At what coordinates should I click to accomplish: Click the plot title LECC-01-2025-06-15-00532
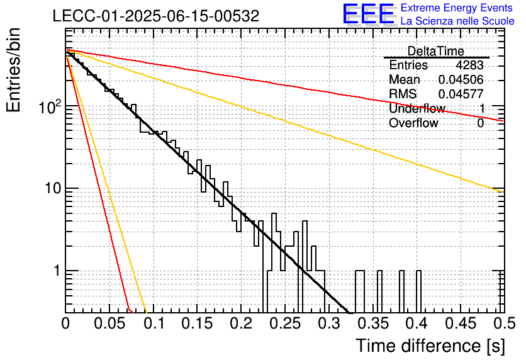[156, 16]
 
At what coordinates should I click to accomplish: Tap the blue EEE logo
[369, 14]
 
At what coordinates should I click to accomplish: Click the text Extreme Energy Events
[457, 8]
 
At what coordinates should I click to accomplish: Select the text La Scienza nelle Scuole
[457, 21]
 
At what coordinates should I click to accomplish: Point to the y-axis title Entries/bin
[13, 70]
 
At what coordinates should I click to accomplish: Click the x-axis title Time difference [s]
[430, 346]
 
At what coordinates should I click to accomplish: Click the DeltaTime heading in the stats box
[435, 51]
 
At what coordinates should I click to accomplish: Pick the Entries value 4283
[469, 65]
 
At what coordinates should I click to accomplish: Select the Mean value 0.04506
[461, 79]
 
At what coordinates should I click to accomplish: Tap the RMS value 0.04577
[461, 94]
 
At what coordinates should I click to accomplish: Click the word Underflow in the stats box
[417, 108]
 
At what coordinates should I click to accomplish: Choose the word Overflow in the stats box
[413, 123]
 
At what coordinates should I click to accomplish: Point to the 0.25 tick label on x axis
[286, 323]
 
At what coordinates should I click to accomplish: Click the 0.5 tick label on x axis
[504, 323]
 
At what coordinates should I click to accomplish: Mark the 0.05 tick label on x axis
[109, 323]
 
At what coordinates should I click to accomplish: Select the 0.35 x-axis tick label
[373, 323]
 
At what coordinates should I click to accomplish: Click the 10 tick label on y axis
[53, 189]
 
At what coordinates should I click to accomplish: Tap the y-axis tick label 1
[57, 271]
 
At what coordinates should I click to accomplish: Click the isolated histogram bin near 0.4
[418, 291]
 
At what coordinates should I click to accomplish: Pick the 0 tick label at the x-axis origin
[65, 323]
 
